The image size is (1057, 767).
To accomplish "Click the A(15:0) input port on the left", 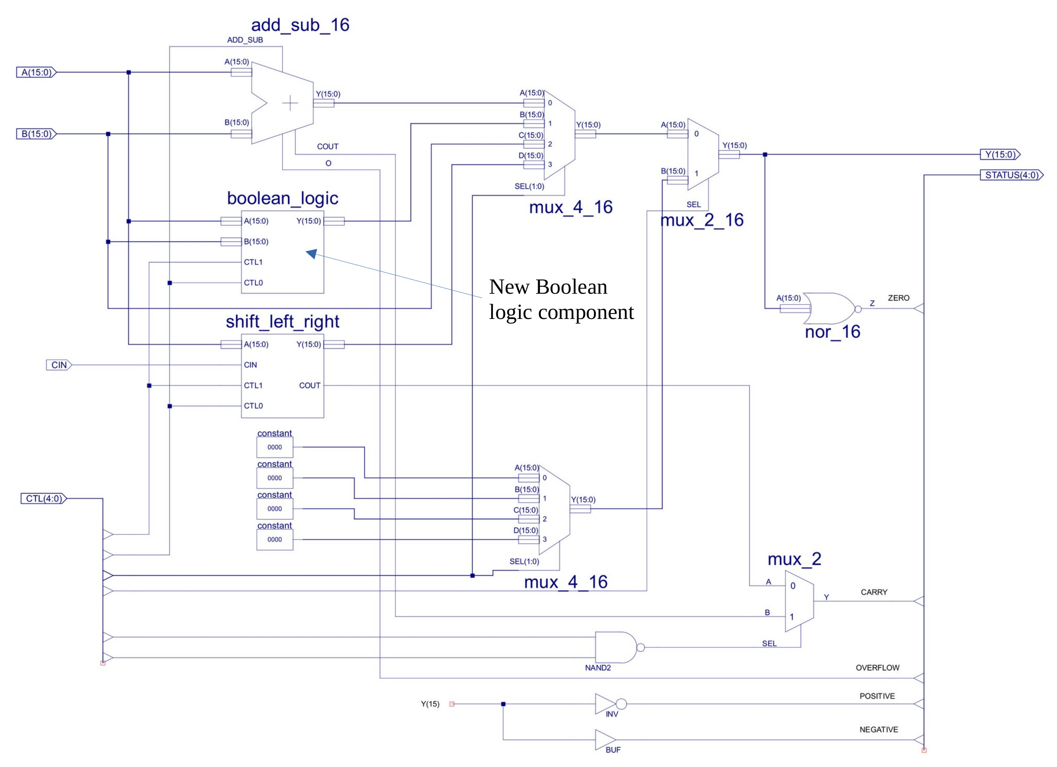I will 36,72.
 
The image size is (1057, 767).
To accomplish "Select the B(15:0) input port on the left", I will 36,134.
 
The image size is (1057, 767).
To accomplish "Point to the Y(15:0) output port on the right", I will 1000,154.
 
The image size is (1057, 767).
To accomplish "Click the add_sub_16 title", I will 300,25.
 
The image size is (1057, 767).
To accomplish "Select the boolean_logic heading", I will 283,198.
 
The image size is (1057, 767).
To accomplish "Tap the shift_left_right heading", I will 283,322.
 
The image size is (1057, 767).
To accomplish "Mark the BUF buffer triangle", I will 605,740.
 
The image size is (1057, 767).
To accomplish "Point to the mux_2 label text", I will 794,559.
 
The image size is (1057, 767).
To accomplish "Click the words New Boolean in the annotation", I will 548,287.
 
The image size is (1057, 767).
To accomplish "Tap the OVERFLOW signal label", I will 877,668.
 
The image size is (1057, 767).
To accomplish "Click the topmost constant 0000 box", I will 274,447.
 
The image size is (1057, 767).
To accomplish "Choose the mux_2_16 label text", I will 702,220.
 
